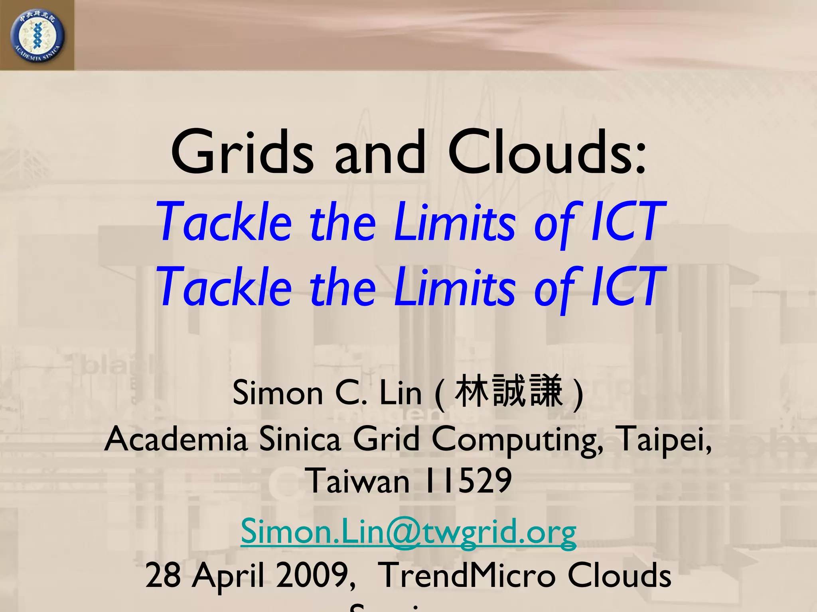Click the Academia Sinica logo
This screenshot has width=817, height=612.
(x=37, y=36)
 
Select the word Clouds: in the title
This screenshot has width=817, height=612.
(x=546, y=153)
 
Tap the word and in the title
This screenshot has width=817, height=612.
(x=380, y=153)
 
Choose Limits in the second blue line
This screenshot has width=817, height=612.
(x=455, y=287)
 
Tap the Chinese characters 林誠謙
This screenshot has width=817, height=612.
(x=509, y=392)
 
